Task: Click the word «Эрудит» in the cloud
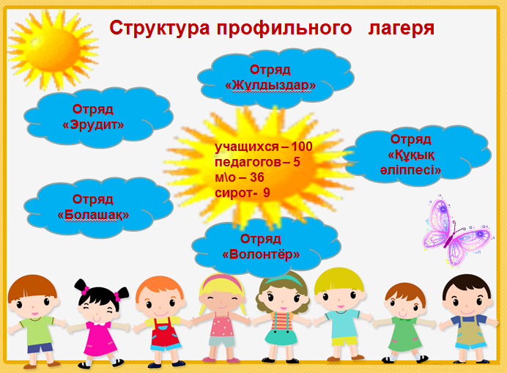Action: click(93, 125)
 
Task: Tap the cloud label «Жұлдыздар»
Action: click(270, 85)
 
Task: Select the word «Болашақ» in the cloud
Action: click(93, 215)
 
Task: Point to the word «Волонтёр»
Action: click(261, 254)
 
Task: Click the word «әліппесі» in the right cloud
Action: click(414, 169)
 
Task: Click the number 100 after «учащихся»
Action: click(301, 147)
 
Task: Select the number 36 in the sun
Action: click(254, 177)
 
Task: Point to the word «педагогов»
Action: click(245, 162)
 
